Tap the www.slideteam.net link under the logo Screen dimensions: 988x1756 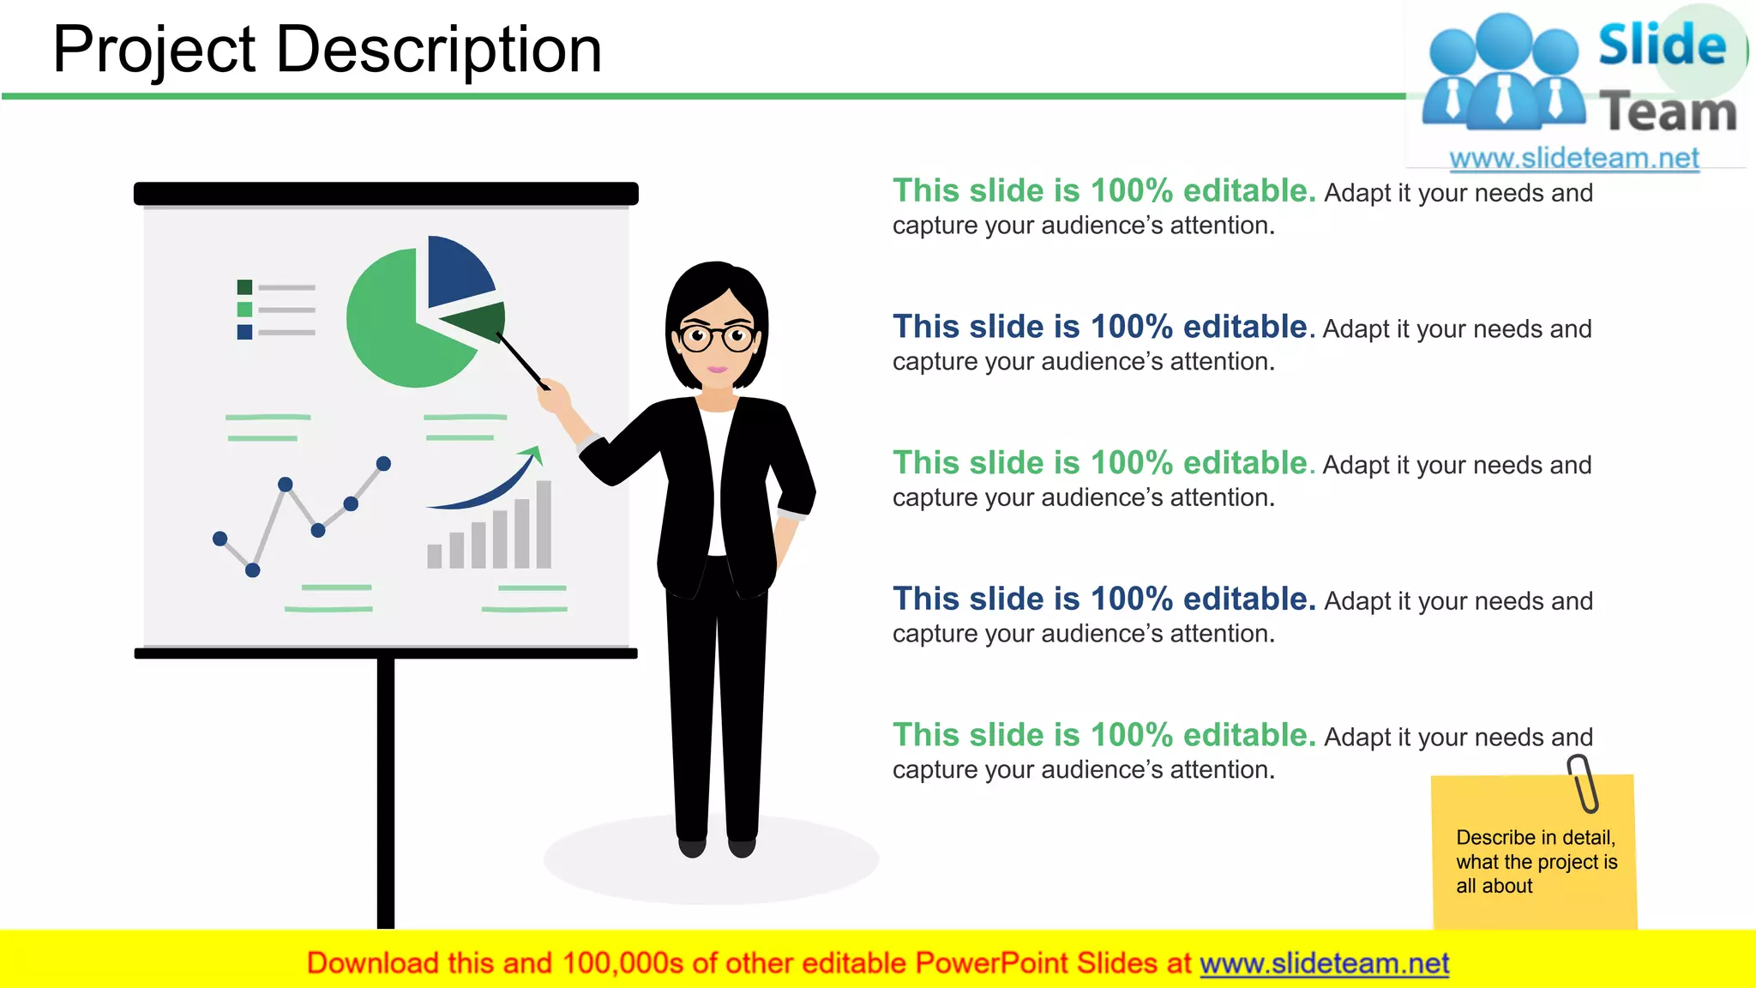[1573, 158]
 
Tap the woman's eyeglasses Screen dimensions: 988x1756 [717, 337]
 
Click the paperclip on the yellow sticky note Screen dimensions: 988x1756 [1583, 783]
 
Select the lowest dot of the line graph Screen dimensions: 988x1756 [252, 569]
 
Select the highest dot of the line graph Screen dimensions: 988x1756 [383, 464]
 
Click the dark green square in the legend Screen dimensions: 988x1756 [244, 287]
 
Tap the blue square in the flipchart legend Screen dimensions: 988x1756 [244, 332]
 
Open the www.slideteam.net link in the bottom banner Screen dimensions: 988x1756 [1324, 963]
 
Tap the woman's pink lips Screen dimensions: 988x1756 [717, 370]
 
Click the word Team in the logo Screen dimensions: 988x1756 [1668, 113]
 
